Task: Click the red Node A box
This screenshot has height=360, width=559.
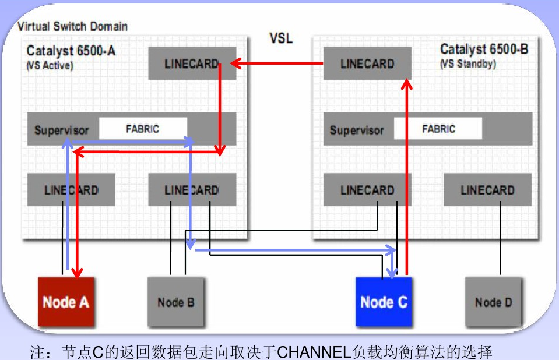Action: tap(66, 302)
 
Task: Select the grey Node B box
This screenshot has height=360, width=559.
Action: tap(176, 302)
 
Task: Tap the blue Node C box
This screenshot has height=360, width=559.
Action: tap(384, 302)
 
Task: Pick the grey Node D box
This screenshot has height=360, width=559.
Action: tap(494, 302)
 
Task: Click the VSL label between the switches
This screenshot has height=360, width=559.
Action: tap(282, 38)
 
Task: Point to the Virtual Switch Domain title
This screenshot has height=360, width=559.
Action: tap(72, 26)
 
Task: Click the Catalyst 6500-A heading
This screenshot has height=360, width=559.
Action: tap(71, 51)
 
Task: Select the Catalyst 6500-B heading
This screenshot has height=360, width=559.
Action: tap(484, 49)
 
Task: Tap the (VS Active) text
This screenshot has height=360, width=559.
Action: tap(50, 66)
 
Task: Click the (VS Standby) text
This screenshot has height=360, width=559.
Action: tap(468, 64)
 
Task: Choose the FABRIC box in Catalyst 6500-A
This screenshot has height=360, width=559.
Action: tap(143, 129)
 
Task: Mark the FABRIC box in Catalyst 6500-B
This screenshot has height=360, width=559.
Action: tap(438, 129)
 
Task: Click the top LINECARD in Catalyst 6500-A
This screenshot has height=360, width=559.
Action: tap(192, 63)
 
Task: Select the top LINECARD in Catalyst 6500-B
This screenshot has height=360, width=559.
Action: tap(367, 63)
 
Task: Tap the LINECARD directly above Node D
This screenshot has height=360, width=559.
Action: tap(488, 190)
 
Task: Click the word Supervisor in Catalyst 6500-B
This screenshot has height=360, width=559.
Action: tap(357, 130)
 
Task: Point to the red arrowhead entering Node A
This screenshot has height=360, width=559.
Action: tap(77, 272)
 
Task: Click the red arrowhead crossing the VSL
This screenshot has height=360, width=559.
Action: tap(236, 63)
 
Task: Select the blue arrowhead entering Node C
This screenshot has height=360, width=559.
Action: tap(392, 273)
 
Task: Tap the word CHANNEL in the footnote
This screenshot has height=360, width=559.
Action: tap(314, 352)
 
